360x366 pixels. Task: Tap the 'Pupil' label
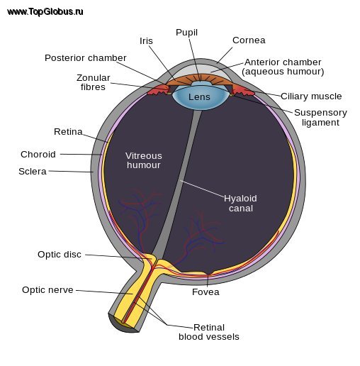coord(186,33)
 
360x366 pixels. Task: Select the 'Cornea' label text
coord(249,40)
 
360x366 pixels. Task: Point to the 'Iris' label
coord(146,41)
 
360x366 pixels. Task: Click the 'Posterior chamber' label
coord(86,58)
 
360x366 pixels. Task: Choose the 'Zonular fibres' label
coord(94,82)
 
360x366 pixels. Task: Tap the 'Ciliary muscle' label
coord(311,96)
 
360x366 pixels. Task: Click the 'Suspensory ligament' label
coord(320,118)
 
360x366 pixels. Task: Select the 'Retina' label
coord(68,132)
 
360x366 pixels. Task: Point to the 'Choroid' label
coord(38,155)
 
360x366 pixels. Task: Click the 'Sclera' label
coord(33,172)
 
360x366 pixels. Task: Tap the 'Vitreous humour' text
coord(144,160)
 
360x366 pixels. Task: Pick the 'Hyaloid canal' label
coord(240,204)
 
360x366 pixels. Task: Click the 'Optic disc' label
coord(60,255)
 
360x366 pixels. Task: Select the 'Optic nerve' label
coord(47,290)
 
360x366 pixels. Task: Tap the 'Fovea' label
coord(206,292)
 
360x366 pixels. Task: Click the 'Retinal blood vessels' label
coord(209,332)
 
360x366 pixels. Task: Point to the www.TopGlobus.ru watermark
coord(45,12)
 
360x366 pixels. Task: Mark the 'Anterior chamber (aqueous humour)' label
coord(283,67)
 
